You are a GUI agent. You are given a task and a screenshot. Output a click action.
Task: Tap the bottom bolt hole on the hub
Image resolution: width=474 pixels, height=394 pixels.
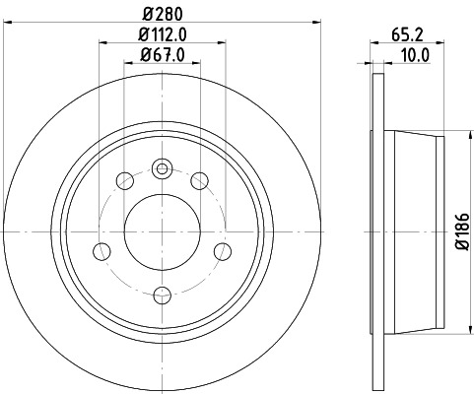[x=162, y=293]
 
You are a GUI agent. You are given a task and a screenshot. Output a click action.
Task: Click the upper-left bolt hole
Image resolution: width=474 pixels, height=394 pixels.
[x=124, y=180]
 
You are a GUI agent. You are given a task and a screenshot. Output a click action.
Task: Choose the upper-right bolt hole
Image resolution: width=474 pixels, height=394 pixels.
[x=200, y=180]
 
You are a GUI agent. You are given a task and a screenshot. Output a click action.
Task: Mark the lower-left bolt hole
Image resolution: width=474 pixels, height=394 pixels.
[x=101, y=251]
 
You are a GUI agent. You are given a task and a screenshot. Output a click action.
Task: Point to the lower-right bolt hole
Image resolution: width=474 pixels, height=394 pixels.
[x=223, y=251]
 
